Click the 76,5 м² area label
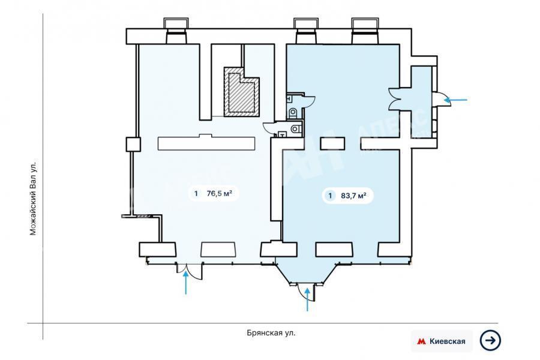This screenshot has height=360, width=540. [x=219, y=193]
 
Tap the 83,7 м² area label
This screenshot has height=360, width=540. [x=353, y=196]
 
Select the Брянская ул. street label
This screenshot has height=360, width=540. [x=271, y=333]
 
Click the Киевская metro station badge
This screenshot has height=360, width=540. [x=442, y=341]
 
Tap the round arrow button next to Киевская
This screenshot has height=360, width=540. [x=490, y=341]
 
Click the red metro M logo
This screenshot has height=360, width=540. [x=421, y=341]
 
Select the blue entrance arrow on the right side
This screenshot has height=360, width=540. [x=455, y=100]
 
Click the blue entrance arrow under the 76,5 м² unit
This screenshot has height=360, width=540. [x=186, y=283]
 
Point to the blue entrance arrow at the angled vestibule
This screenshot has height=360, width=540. [x=308, y=299]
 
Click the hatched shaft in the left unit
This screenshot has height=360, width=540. [x=241, y=92]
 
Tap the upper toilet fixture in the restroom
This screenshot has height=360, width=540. [x=293, y=112]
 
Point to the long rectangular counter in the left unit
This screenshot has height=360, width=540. [x=206, y=143]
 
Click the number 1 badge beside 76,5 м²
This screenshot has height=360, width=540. [x=196, y=193]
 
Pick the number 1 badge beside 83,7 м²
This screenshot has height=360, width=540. [x=330, y=196]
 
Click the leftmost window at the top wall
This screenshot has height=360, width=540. [x=176, y=31]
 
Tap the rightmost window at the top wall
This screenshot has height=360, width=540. [x=365, y=31]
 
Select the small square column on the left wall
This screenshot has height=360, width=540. [x=133, y=145]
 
